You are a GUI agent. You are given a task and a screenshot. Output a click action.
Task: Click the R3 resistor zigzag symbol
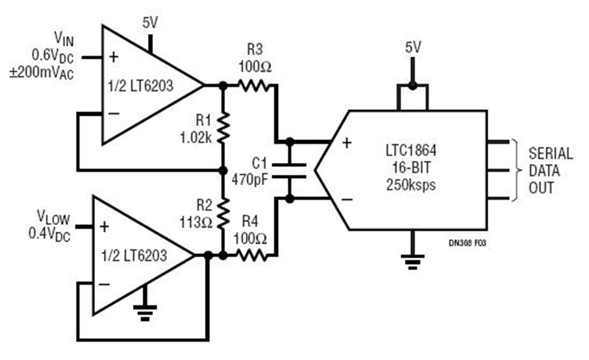pyautogui.click(x=253, y=86)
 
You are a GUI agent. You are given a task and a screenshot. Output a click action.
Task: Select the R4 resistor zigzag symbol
pyautogui.click(x=251, y=255)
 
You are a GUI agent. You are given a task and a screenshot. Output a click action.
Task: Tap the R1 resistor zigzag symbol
pyautogui.click(x=223, y=128)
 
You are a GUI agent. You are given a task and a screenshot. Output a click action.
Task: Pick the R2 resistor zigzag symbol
pyautogui.click(x=223, y=213)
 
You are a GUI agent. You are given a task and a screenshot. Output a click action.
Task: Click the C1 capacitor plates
pyautogui.click(x=289, y=170)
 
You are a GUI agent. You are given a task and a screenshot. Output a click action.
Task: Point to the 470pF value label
pyautogui.click(x=250, y=179)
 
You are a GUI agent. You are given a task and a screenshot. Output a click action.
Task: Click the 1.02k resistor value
pyautogui.click(x=196, y=138)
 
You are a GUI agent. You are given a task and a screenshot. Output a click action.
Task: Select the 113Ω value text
pyautogui.click(x=196, y=223)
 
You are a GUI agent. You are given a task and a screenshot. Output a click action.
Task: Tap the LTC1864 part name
pyautogui.click(x=411, y=151)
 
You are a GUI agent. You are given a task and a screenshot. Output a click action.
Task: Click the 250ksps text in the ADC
pyautogui.click(x=411, y=185)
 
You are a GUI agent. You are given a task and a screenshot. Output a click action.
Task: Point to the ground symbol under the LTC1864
pyautogui.click(x=412, y=262)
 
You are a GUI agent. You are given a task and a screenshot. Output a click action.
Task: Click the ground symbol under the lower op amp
pyautogui.click(x=145, y=313)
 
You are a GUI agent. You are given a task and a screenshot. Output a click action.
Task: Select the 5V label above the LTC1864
pyautogui.click(x=413, y=48)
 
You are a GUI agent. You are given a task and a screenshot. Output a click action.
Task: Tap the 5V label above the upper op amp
pyautogui.click(x=151, y=23)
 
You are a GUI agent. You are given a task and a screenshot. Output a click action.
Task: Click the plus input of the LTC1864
pyautogui.click(x=347, y=143)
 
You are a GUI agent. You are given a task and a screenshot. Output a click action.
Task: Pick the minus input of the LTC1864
pyautogui.click(x=347, y=199)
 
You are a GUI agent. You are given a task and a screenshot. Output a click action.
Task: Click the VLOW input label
pyautogui.click(x=54, y=217)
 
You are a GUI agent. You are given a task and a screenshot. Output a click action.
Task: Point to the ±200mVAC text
pyautogui.click(x=42, y=72)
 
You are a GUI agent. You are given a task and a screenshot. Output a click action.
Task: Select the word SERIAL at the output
pyautogui.click(x=550, y=153)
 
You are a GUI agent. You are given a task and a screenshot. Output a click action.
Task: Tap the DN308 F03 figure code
pyautogui.click(x=467, y=243)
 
